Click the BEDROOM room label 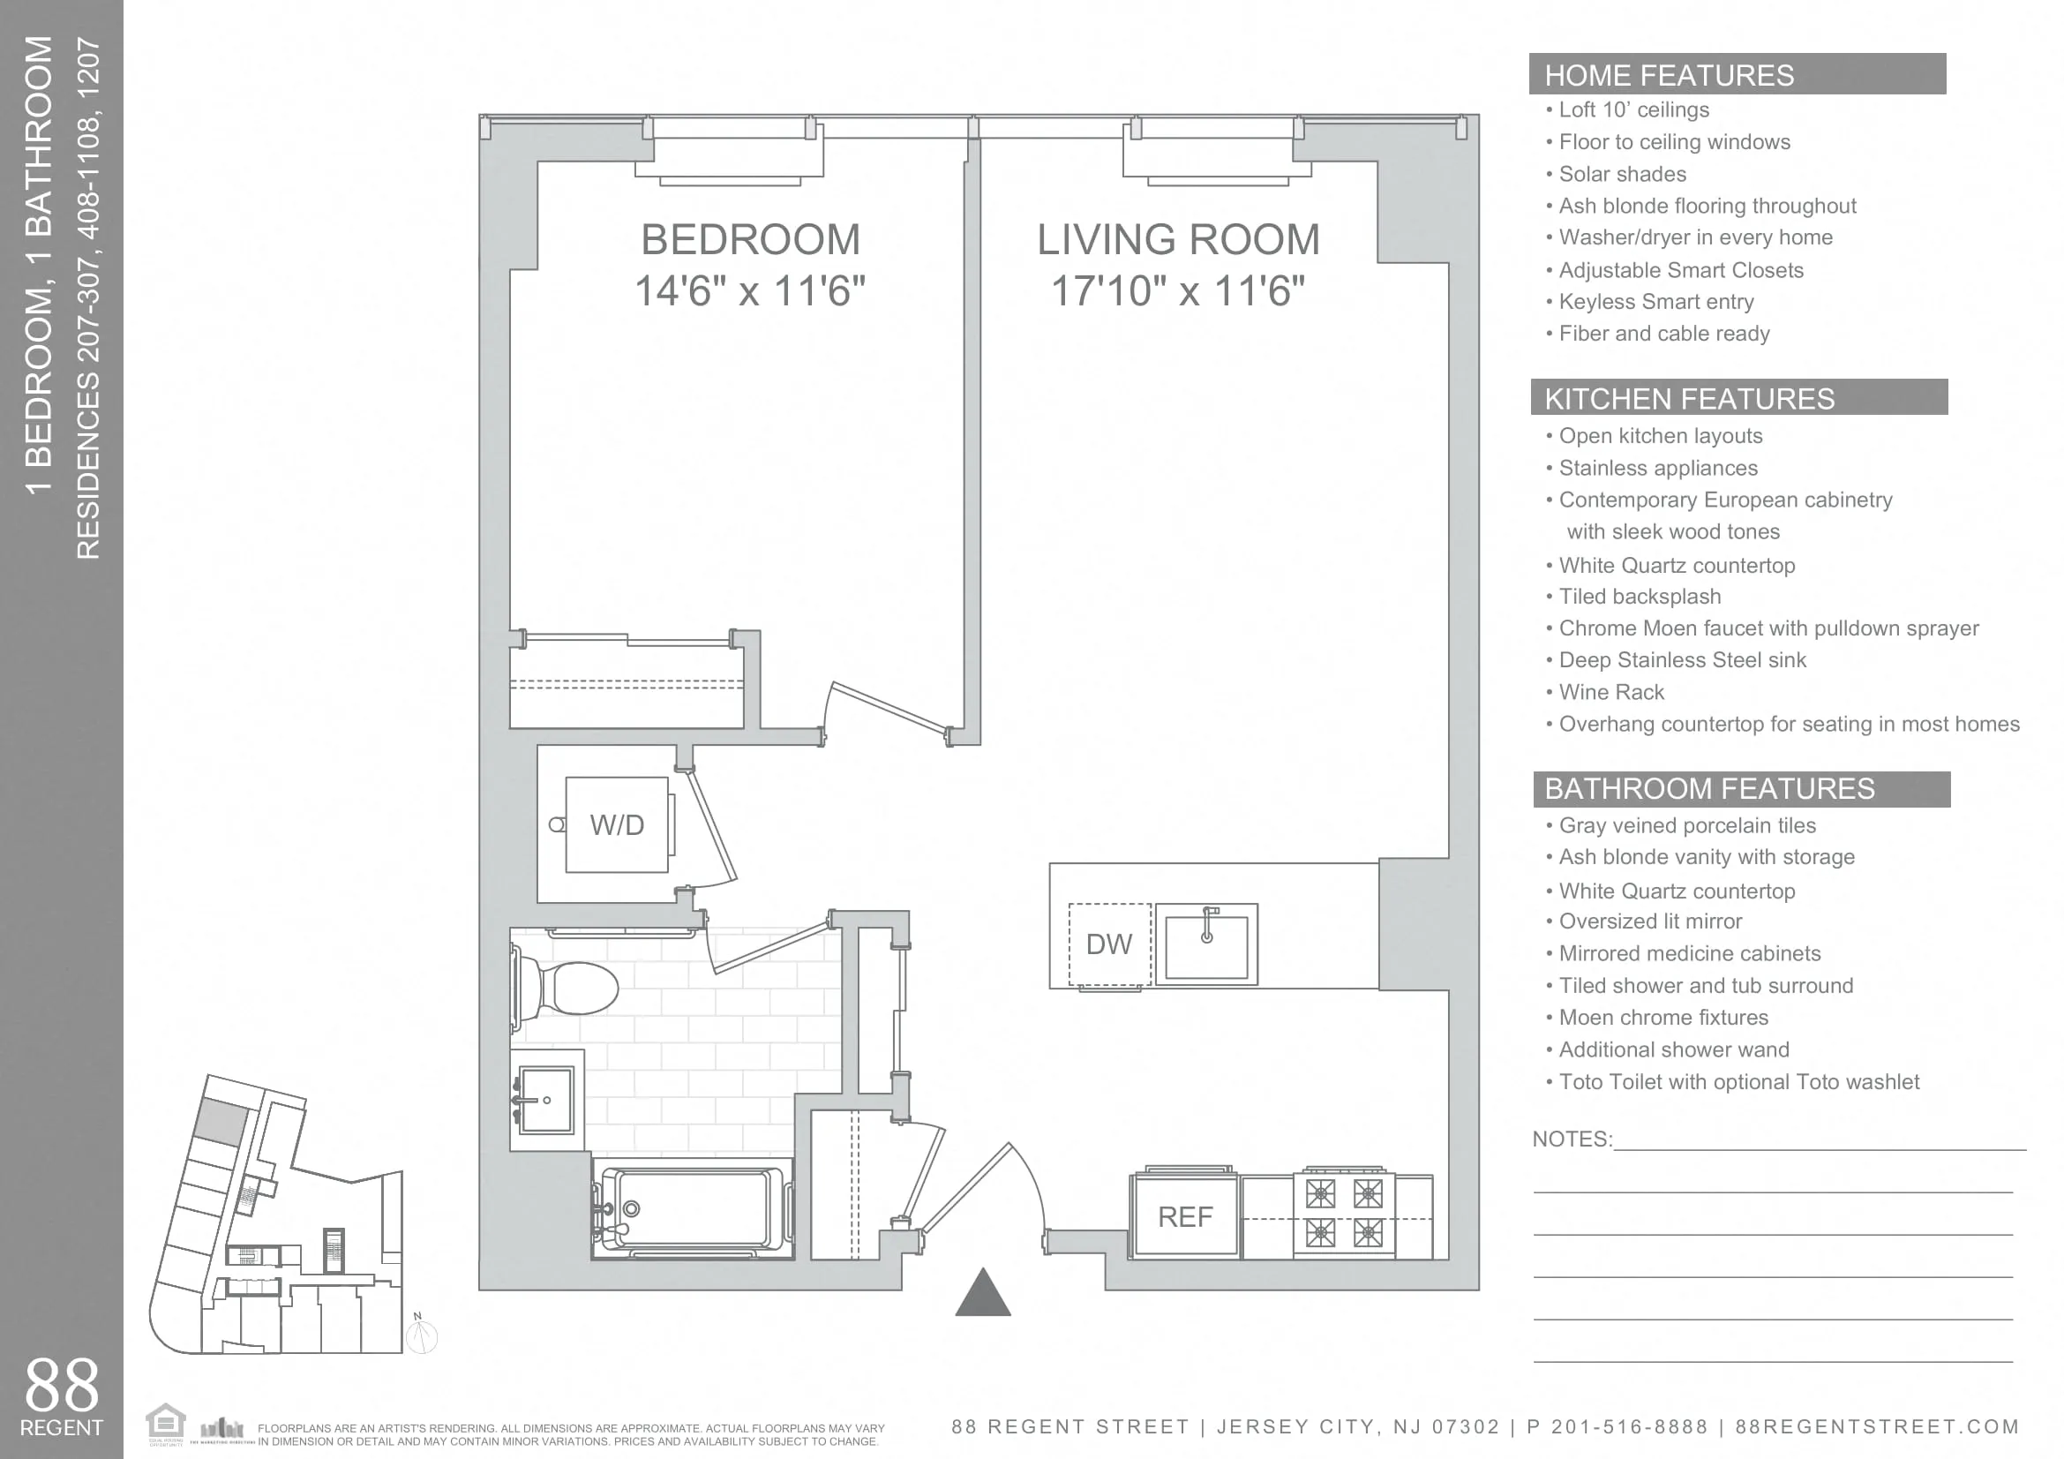pyautogui.click(x=750, y=240)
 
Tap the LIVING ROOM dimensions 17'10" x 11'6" pyautogui.click(x=1178, y=291)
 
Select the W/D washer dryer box pyautogui.click(x=617, y=824)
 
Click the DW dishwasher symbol pyautogui.click(x=1109, y=944)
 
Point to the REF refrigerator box pyautogui.click(x=1185, y=1217)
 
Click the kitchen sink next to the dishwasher pyautogui.click(x=1206, y=944)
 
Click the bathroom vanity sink pyautogui.click(x=545, y=1101)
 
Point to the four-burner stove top pyautogui.click(x=1344, y=1214)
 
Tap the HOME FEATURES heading pyautogui.click(x=1669, y=76)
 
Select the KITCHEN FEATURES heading pyautogui.click(x=1689, y=399)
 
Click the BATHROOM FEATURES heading pyautogui.click(x=1709, y=789)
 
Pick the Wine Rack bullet pyautogui.click(x=1611, y=692)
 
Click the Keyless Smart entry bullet pyautogui.click(x=1655, y=302)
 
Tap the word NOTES pyautogui.click(x=1571, y=1139)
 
